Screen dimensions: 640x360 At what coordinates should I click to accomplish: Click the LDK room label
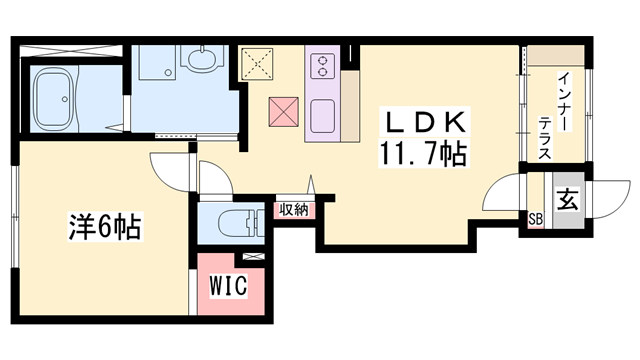[425, 121]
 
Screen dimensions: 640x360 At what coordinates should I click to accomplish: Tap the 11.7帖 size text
[424, 153]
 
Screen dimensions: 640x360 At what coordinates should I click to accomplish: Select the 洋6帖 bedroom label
[105, 226]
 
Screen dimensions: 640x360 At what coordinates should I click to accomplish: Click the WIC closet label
[229, 285]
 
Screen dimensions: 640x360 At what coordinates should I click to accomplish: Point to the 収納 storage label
[293, 210]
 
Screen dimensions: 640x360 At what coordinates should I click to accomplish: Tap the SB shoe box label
[536, 220]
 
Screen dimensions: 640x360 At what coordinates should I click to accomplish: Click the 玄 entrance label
[568, 200]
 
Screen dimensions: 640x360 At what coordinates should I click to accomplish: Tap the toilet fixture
[237, 223]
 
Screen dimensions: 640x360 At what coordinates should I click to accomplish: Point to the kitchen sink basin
[322, 117]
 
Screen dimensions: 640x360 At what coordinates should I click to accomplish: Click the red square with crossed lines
[284, 112]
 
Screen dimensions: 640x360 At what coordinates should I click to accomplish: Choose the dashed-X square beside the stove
[257, 63]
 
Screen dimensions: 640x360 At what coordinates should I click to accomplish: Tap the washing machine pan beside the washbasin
[157, 62]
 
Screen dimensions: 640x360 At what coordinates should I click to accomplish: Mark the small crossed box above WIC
[254, 256]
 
